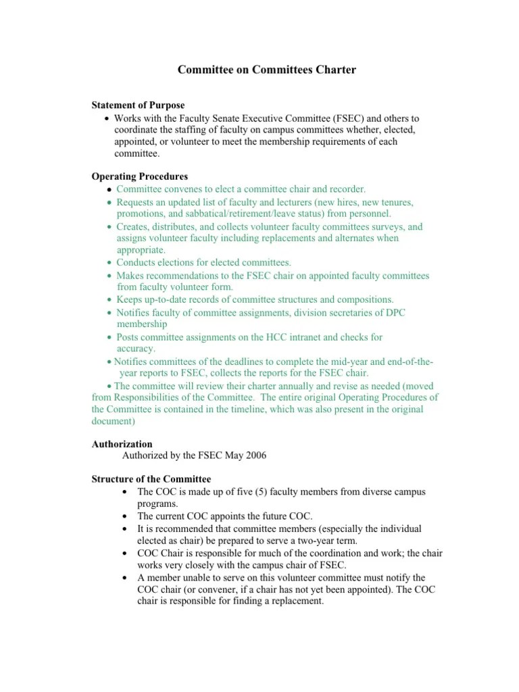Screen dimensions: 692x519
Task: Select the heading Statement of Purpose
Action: click(138, 105)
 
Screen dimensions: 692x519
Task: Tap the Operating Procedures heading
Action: click(139, 176)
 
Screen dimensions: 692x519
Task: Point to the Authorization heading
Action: click(122, 444)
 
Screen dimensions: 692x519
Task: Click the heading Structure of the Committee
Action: click(151, 479)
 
